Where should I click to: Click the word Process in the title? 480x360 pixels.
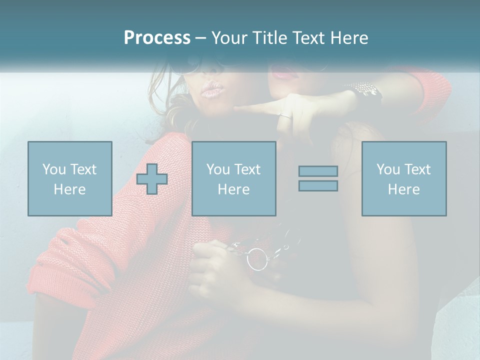pyautogui.click(x=157, y=37)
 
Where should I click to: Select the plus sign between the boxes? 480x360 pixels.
pyautogui.click(x=152, y=179)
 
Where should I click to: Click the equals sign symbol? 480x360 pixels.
pyautogui.click(x=318, y=178)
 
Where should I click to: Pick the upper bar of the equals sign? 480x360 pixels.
pyautogui.click(x=318, y=171)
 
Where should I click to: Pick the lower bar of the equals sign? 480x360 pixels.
pyautogui.click(x=318, y=185)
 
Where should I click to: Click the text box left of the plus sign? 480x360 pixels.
pyautogui.click(x=70, y=178)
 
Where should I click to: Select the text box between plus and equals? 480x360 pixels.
pyautogui.click(x=233, y=178)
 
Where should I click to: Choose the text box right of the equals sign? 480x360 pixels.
pyautogui.click(x=403, y=178)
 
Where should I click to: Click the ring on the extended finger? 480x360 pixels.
pyautogui.click(x=285, y=116)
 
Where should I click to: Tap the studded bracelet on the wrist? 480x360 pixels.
pyautogui.click(x=366, y=90)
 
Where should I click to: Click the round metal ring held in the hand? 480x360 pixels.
pyautogui.click(x=257, y=259)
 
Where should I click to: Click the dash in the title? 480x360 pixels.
pyautogui.click(x=200, y=38)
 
